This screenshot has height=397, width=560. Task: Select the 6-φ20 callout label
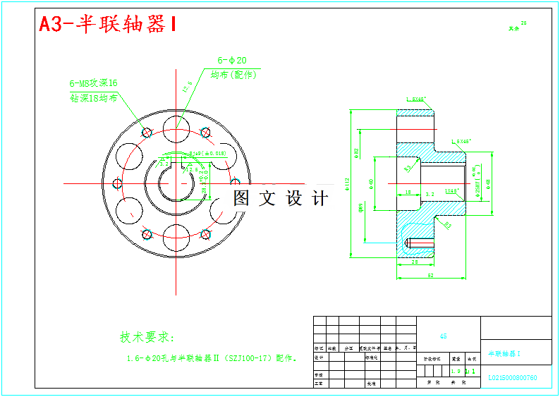pos(231,61)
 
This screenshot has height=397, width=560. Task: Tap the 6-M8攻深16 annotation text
pos(93,83)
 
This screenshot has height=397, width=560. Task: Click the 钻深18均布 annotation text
pos(94,98)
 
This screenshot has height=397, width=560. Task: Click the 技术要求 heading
pos(146,337)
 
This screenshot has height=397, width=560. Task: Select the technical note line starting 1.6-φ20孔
pos(212,358)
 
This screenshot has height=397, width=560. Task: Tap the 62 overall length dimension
pos(430,275)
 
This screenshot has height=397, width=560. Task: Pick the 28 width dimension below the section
pos(414,262)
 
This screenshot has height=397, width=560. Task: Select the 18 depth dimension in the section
pos(408,192)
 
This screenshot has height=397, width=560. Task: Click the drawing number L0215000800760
pos(513,378)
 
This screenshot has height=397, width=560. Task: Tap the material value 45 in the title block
pos(443,336)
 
